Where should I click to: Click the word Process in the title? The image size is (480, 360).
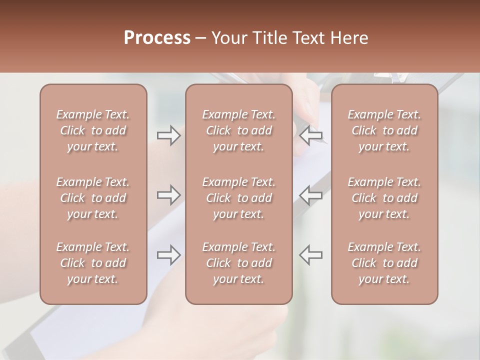click(x=157, y=38)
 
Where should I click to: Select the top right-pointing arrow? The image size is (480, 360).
click(x=168, y=135)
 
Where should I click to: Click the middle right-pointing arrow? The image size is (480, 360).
click(x=168, y=194)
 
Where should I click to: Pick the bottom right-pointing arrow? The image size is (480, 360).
click(x=168, y=254)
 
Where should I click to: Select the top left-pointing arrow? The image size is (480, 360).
click(x=311, y=135)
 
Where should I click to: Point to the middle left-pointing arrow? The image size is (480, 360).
click(x=311, y=194)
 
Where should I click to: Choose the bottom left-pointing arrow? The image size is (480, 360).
click(x=311, y=254)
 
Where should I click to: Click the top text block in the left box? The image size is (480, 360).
click(x=93, y=130)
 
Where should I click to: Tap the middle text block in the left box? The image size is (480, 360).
click(x=93, y=198)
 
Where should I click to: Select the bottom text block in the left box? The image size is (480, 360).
click(x=93, y=263)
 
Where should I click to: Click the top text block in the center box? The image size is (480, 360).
click(x=238, y=130)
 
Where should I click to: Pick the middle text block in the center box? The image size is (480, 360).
click(x=238, y=198)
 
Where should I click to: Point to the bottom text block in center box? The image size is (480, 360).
click(x=238, y=263)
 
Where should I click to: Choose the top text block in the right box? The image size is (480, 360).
click(x=384, y=130)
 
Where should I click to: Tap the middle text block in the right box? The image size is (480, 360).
click(x=384, y=198)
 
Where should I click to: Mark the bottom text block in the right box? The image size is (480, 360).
click(x=384, y=263)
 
